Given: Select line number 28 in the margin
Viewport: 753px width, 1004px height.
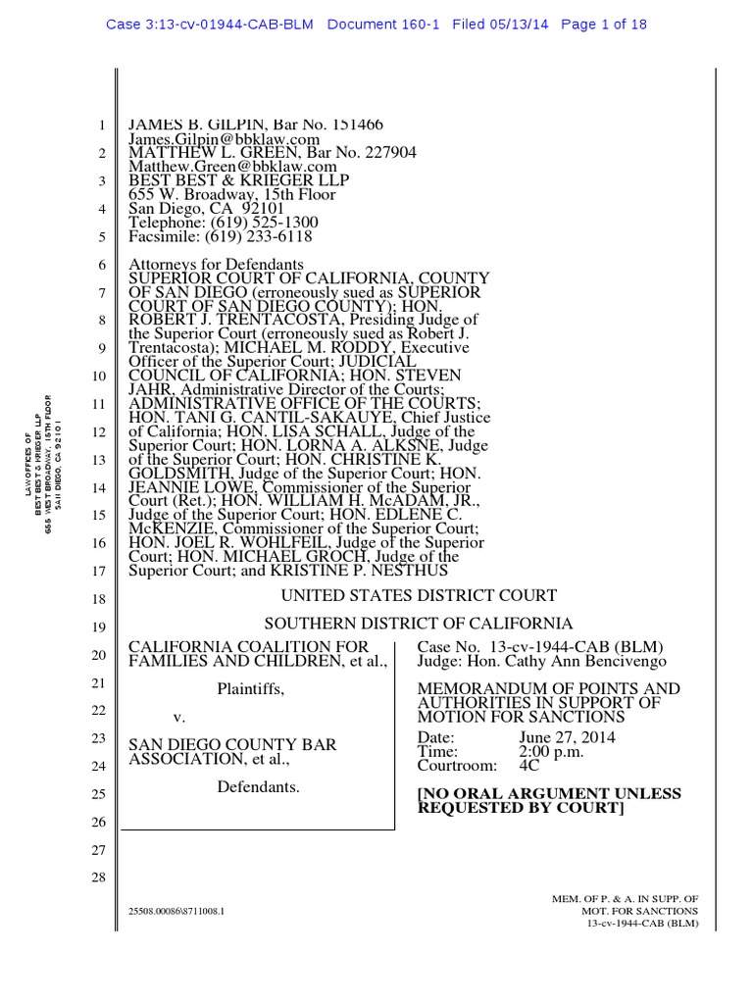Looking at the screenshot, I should click(x=97, y=878).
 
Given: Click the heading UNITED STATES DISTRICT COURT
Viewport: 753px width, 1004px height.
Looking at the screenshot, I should click(x=419, y=596).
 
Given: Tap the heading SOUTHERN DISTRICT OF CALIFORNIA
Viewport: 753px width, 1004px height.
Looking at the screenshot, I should click(x=419, y=624).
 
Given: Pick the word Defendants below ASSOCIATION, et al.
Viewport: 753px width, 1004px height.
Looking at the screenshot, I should click(x=258, y=786).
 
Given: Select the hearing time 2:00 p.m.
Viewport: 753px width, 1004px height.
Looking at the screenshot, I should click(x=551, y=752).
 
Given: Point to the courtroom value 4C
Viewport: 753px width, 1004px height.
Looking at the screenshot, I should click(x=529, y=766).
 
